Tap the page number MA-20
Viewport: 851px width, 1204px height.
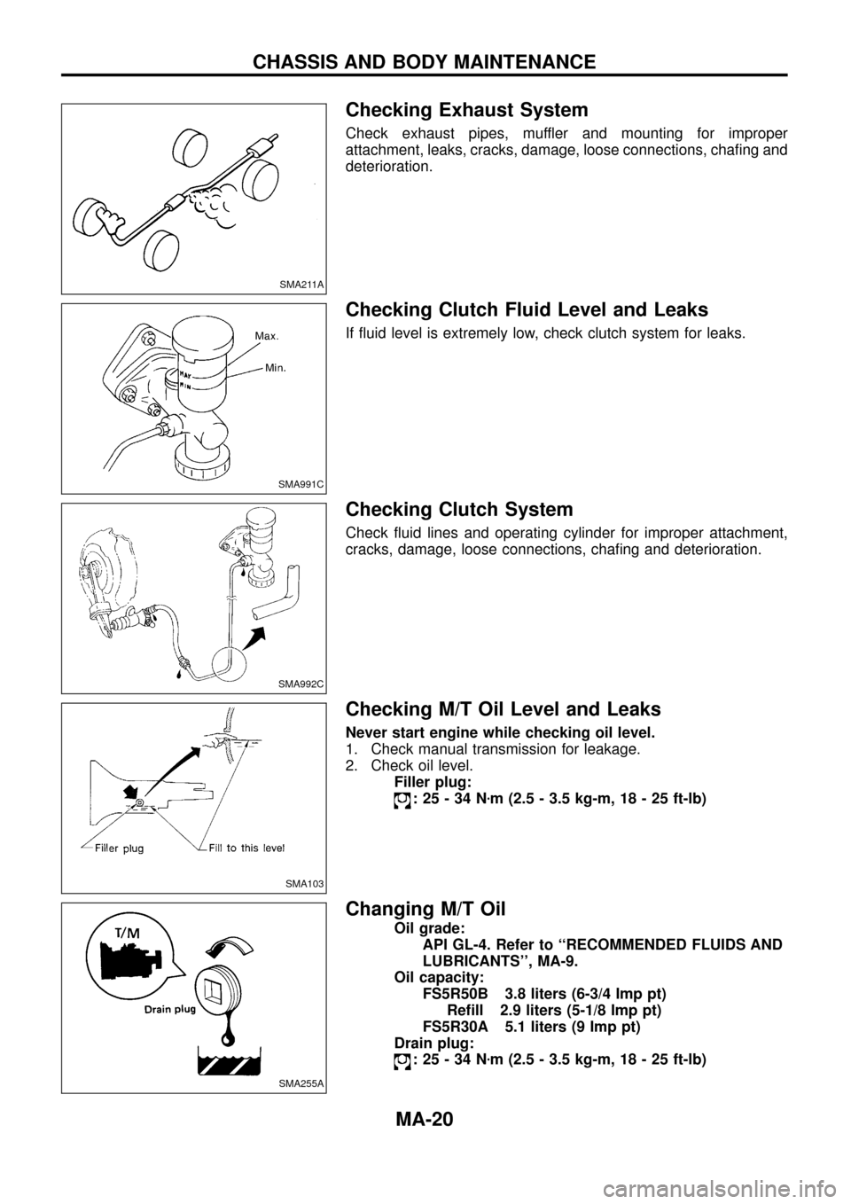(x=425, y=1119)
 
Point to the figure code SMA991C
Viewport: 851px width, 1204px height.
(x=301, y=483)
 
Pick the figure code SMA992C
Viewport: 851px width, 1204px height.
(x=301, y=683)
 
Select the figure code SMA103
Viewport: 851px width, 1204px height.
(x=306, y=882)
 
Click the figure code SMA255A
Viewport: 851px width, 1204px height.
(x=301, y=1083)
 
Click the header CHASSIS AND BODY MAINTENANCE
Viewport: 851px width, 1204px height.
(x=425, y=62)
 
